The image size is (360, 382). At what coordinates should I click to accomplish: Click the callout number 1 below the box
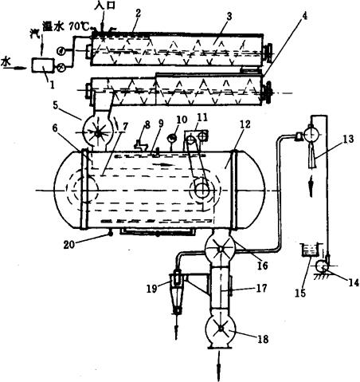pos(52,85)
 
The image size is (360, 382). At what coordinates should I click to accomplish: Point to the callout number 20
pos(69,244)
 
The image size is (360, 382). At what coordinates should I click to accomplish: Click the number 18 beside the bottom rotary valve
pos(262,339)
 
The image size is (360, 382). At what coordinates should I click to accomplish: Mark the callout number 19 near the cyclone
pos(152,289)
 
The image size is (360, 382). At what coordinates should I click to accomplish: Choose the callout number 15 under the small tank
pos(300,293)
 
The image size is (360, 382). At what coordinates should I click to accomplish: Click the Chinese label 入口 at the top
pos(104,6)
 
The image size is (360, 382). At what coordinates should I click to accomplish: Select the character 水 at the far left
pos(6,62)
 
